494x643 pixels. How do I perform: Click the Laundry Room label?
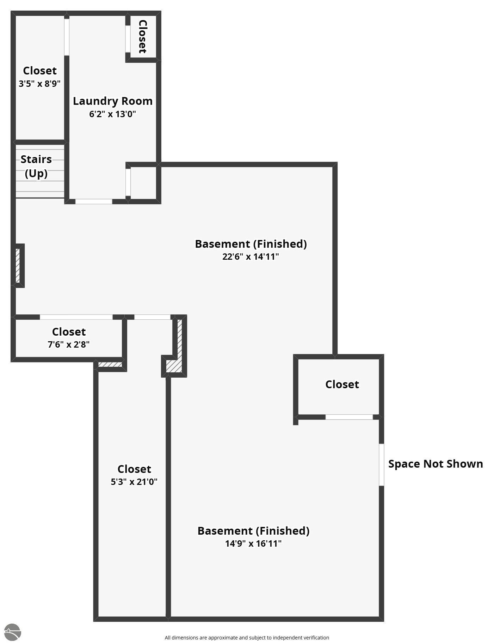(112, 101)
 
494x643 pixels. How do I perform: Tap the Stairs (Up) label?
(36, 166)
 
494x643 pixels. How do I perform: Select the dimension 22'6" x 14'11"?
(250, 257)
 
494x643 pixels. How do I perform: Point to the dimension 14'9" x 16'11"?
(253, 543)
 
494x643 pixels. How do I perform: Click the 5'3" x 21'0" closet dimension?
(134, 482)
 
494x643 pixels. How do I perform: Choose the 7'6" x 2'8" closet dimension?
(68, 344)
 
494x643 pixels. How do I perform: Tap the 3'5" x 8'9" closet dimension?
(39, 84)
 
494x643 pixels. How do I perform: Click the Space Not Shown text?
(435, 464)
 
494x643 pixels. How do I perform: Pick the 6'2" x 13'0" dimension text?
(112, 114)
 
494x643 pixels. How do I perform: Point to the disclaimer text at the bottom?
(247, 637)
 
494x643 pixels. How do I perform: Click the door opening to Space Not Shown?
(381, 464)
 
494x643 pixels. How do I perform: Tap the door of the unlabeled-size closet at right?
(349, 417)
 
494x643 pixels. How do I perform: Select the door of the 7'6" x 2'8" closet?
(76, 317)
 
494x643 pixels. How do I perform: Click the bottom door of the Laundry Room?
(94, 202)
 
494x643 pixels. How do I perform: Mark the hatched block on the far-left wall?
(18, 265)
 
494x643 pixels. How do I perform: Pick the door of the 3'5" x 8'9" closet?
(67, 37)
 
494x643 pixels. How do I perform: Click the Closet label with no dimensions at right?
(342, 384)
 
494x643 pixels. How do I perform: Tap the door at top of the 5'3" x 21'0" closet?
(152, 317)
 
